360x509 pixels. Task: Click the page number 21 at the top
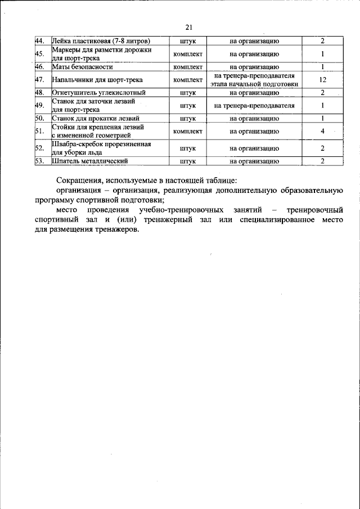click(x=188, y=28)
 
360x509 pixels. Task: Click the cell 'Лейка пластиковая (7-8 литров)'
click(x=101, y=41)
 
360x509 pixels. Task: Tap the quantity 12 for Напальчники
click(x=323, y=80)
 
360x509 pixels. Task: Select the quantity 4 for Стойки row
click(x=323, y=131)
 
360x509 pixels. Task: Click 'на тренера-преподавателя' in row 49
click(x=254, y=105)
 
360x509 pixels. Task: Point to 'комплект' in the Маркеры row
click(x=188, y=54)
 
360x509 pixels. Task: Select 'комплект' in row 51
click(x=188, y=131)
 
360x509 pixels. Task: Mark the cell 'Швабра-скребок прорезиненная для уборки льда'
click(x=101, y=148)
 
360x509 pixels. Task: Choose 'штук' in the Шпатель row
click(x=188, y=161)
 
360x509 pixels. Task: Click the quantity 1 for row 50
click(x=323, y=118)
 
